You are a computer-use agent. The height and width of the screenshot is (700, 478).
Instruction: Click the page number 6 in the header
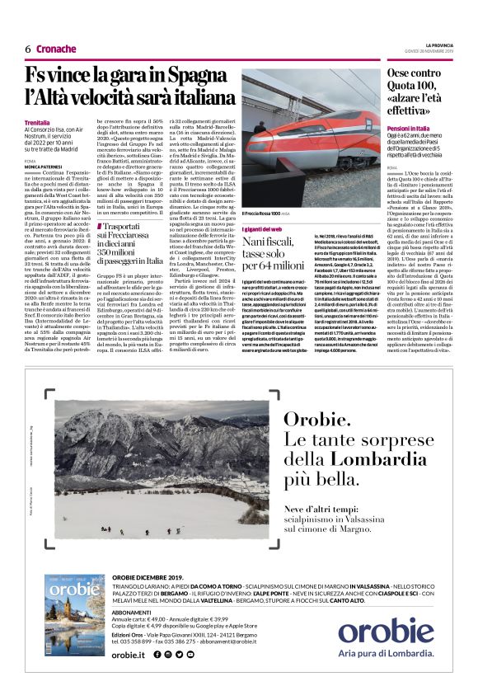[28, 49]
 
